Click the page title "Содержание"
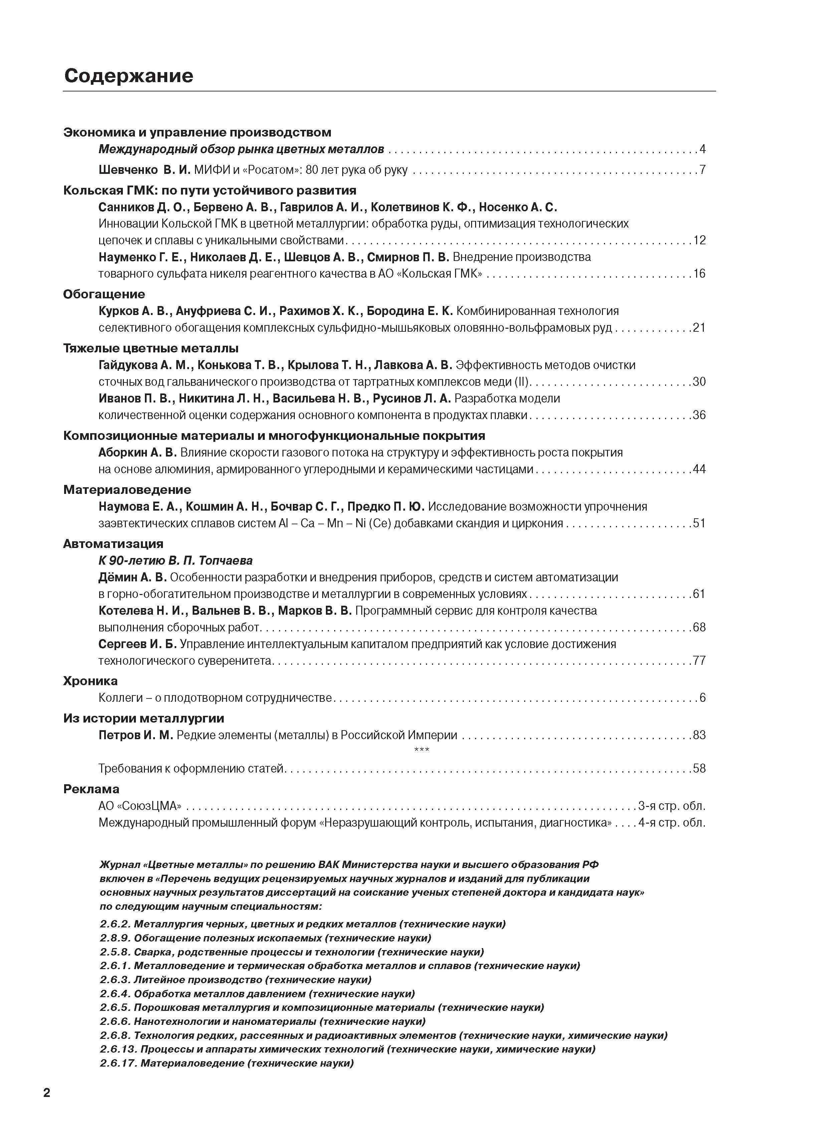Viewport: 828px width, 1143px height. [x=129, y=76]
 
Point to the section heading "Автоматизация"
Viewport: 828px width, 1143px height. [x=114, y=543]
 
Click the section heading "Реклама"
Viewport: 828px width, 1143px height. [x=91, y=789]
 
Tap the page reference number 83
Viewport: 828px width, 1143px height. [x=699, y=735]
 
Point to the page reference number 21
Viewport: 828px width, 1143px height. [x=699, y=328]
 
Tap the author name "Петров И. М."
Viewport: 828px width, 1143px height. [x=136, y=735]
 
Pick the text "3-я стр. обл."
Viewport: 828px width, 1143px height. [x=672, y=806]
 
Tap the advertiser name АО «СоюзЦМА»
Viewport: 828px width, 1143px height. [x=140, y=806]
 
